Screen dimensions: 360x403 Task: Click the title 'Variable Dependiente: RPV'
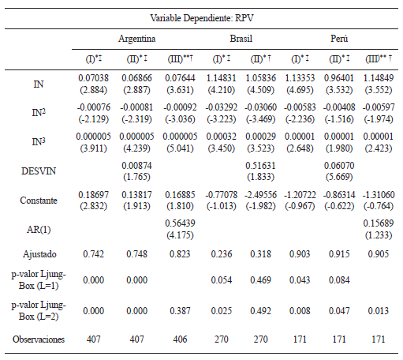click(x=201, y=17)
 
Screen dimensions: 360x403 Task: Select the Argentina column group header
click(x=137, y=38)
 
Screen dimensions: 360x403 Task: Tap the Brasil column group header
click(x=241, y=38)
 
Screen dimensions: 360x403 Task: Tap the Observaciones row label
click(x=39, y=339)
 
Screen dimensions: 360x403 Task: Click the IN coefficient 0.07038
click(x=93, y=77)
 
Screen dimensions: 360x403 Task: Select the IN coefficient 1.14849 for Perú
click(x=380, y=77)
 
